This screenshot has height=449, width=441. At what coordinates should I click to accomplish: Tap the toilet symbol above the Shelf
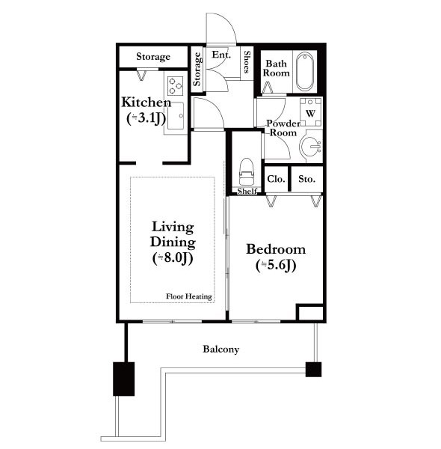click(x=247, y=171)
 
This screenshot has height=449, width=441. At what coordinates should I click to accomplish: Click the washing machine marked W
click(x=310, y=112)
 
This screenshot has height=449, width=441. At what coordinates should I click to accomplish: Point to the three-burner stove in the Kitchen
click(x=176, y=85)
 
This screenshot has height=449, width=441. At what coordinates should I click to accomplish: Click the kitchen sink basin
click(x=176, y=116)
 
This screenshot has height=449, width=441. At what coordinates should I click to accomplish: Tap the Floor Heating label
click(x=189, y=296)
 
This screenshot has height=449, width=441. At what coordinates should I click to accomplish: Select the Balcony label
click(x=220, y=349)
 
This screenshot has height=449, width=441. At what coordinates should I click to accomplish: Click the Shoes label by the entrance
click(x=247, y=62)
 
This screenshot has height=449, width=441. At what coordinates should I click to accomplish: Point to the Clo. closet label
click(x=276, y=179)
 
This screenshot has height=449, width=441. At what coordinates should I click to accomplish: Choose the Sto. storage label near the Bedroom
click(x=306, y=179)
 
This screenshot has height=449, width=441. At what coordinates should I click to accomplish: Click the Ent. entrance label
click(x=221, y=55)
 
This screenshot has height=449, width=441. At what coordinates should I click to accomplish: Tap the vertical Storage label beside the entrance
click(x=197, y=69)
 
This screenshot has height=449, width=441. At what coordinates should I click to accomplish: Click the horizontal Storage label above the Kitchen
click(x=153, y=57)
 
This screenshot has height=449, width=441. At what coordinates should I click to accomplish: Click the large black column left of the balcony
click(x=124, y=379)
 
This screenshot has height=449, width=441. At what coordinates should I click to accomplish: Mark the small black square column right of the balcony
click(x=313, y=370)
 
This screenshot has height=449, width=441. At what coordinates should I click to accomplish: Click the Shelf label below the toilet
click(x=247, y=192)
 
